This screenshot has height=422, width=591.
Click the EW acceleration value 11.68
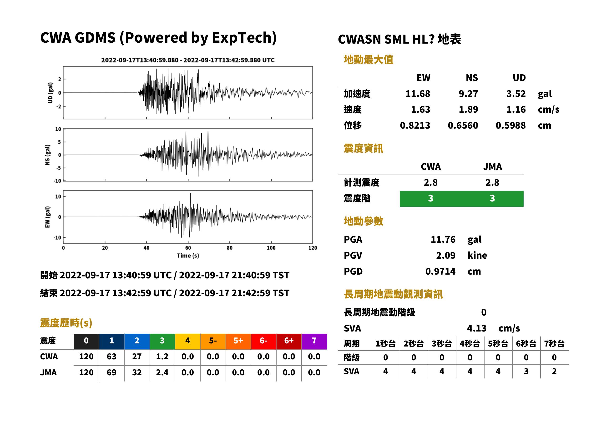tap(418, 94)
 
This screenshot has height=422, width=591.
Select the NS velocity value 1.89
tap(468, 110)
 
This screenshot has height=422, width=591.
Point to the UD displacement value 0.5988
tap(510, 126)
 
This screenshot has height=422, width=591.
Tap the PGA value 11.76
tap(443, 240)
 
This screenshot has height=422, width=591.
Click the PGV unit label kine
tap(477, 256)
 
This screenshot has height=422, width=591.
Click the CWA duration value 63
tap(111, 357)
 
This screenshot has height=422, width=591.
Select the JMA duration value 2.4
tap(162, 373)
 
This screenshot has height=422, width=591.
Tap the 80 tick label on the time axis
tap(229, 248)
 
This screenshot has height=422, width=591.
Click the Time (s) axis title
tap(188, 256)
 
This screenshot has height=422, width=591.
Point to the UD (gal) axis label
tap(50, 93)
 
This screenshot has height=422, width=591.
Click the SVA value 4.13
tap(476, 328)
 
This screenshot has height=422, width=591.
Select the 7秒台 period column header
tap(554, 344)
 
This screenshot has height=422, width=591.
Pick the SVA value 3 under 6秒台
tap(526, 372)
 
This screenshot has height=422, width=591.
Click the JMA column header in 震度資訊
tap(493, 166)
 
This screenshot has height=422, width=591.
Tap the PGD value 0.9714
tap(440, 271)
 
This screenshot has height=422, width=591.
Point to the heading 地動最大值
tap(369, 60)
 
